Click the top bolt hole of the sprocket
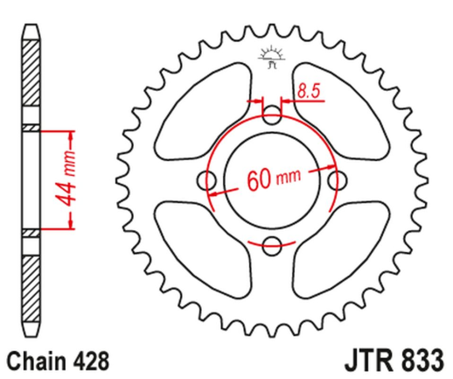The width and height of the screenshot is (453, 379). pyautogui.click(x=272, y=115)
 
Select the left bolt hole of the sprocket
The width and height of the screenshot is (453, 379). pyautogui.click(x=208, y=180)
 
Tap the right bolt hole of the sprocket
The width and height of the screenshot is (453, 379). pyautogui.click(x=337, y=179)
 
